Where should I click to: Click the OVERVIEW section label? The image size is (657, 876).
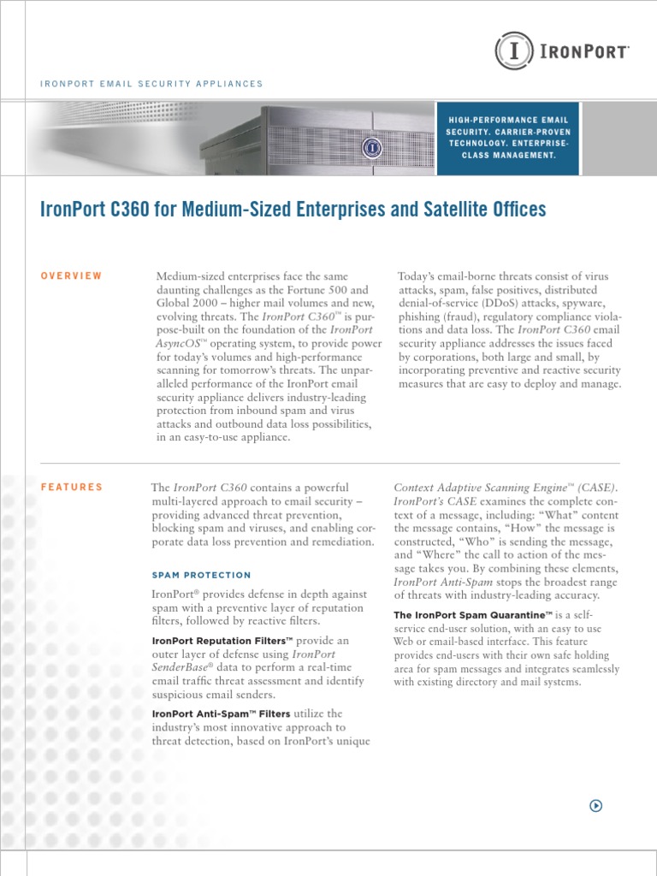pyautogui.click(x=71, y=275)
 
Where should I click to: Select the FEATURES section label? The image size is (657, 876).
pyautogui.click(x=72, y=487)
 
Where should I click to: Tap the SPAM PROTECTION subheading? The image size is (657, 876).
pyautogui.click(x=201, y=575)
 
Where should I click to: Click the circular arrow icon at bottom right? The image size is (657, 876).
pyautogui.click(x=596, y=805)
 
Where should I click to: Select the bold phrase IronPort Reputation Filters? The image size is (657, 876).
pyautogui.click(x=222, y=641)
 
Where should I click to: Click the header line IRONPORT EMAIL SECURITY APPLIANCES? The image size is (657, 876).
pyautogui.click(x=151, y=84)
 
